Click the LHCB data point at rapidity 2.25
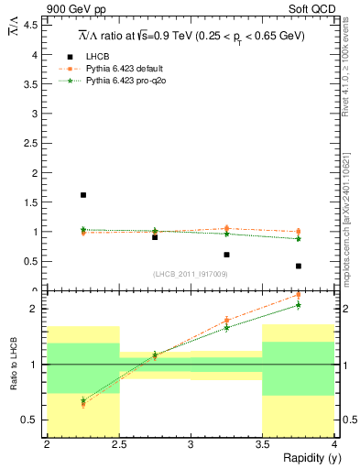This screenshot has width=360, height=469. coord(83,195)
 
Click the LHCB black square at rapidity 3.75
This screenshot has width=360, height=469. coord(299,266)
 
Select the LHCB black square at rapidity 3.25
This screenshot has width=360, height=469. coord(226,255)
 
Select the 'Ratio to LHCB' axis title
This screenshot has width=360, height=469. coord(13,365)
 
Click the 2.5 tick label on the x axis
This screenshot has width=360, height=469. coord(119,444)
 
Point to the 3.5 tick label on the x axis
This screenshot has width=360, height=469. coord(262,444)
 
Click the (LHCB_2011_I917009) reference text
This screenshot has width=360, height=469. coord(190,274)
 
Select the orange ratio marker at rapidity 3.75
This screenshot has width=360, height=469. coord(299,295)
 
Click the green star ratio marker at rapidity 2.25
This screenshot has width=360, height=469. coord(83,400)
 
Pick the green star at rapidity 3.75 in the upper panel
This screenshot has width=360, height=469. coord(299,239)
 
